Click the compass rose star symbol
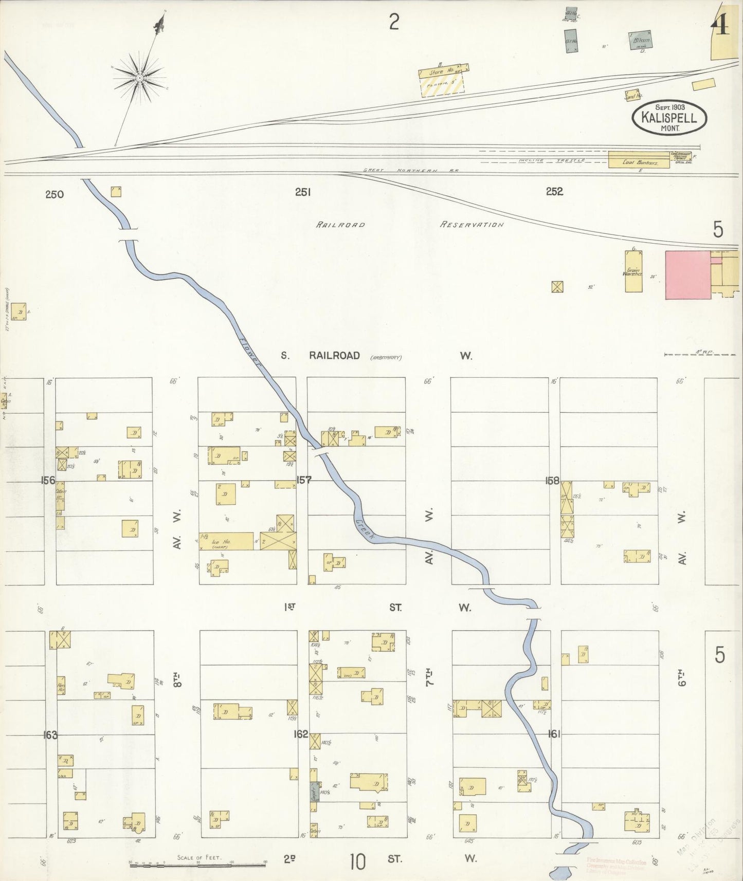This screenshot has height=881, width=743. point(139,77)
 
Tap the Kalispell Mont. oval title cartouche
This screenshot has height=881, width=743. point(669,118)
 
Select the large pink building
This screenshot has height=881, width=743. point(688,274)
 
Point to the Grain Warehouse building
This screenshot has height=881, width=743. point(633,271)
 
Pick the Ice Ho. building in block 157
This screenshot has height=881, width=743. point(226,541)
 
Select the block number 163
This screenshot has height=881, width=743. point(50,735)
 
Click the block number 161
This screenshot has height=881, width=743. point(554,733)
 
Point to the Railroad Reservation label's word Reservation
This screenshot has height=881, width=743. point(472,225)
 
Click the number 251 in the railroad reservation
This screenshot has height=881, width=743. point(303,192)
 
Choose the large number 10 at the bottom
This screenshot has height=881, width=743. point(357,861)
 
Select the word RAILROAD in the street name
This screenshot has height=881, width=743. point(334,356)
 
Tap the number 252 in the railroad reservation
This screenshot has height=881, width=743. point(554,192)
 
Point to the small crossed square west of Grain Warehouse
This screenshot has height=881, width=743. point(556,287)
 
